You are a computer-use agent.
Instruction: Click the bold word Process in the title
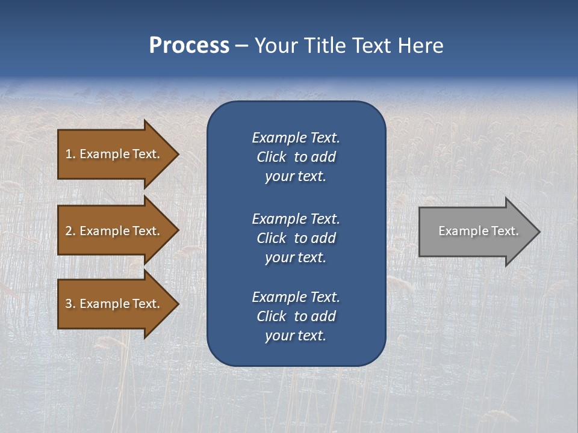point(189,46)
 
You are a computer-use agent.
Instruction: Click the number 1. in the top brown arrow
point(70,154)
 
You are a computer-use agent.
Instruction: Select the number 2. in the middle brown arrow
point(70,231)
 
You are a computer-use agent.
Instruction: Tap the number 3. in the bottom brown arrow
point(70,304)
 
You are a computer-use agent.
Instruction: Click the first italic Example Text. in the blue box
point(296,138)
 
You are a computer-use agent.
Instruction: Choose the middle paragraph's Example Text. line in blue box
point(296,219)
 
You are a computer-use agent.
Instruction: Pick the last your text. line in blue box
point(296,336)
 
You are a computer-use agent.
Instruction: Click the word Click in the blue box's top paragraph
point(271,157)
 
